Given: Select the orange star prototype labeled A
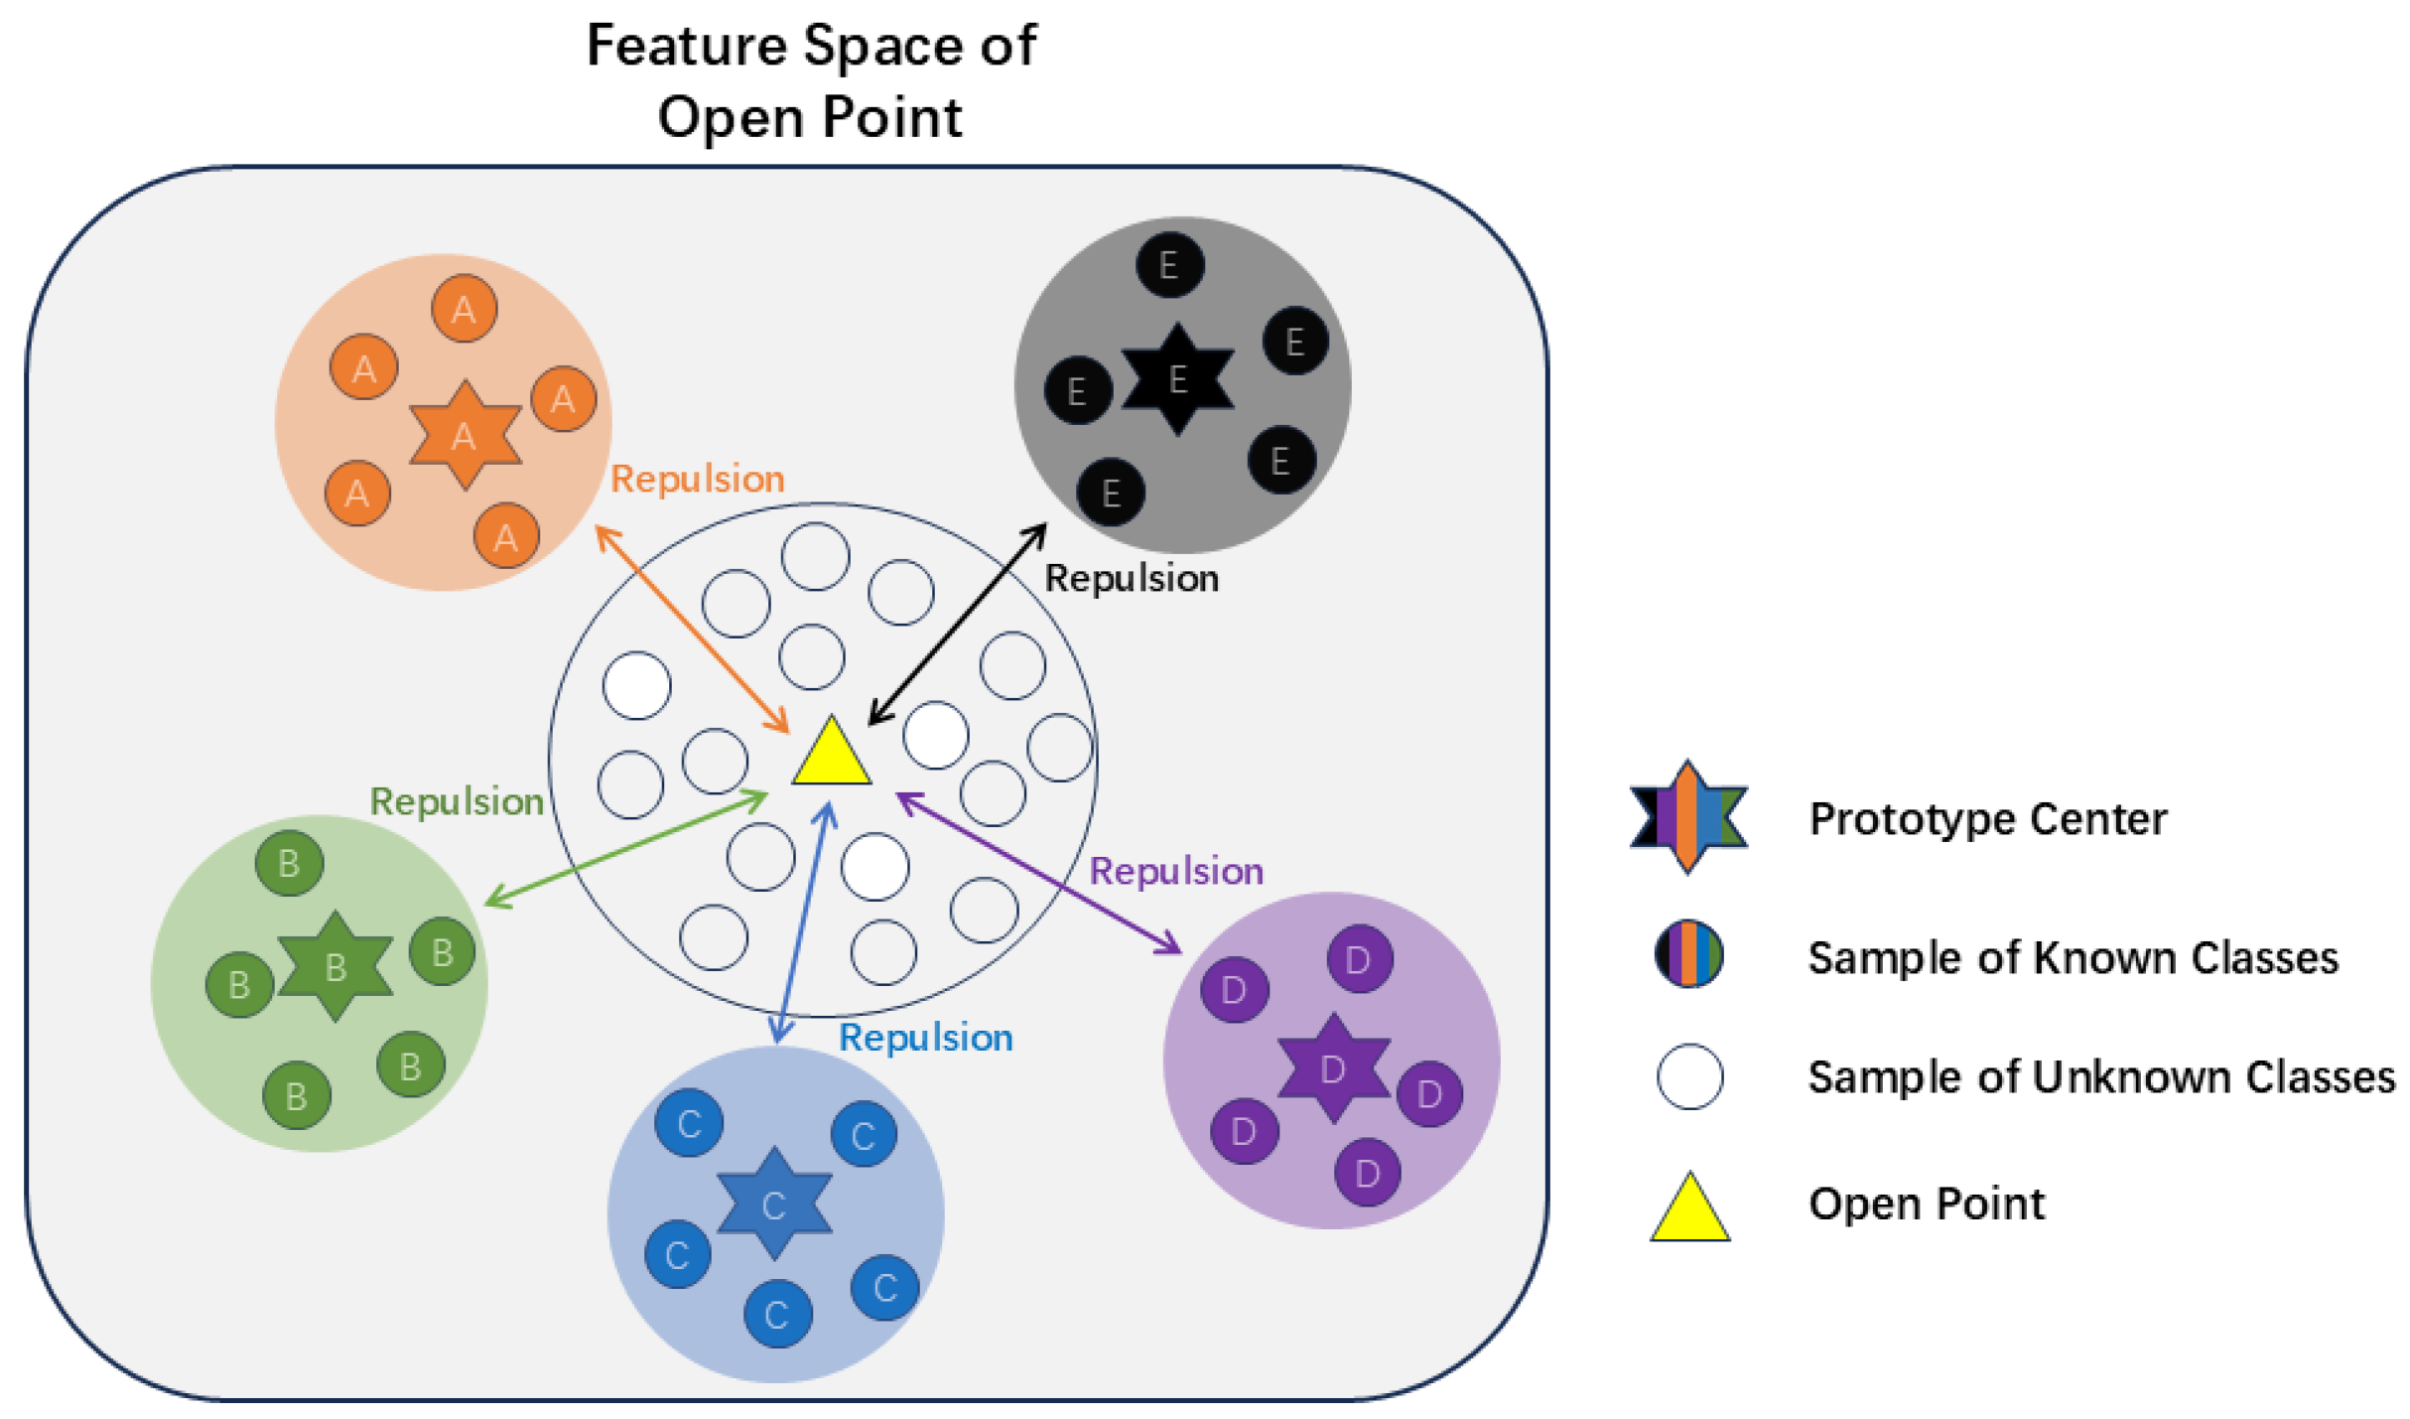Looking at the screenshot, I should pos(465,435).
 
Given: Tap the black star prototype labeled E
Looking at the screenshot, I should pos(1178,379).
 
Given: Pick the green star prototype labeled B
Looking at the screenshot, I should pos(335,965).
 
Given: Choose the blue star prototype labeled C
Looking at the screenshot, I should pos(774,1205).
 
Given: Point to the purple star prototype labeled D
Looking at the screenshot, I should pos(1333,1068).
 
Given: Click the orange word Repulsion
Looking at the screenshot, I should pos(697,479).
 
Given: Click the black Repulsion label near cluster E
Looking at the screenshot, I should pos(1132,578).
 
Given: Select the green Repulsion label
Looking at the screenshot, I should pos(457,801).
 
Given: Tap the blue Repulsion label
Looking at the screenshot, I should pos(925,1038).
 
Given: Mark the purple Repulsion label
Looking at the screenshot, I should pos(1176,871).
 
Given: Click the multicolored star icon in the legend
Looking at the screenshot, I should pos(1688,817).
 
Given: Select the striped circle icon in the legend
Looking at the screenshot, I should pos(1688,954).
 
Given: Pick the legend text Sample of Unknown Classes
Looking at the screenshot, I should pos(2100,1077).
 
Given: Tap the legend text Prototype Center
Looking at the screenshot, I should pos(1987,819).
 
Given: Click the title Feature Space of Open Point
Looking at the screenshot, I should pos(811,81).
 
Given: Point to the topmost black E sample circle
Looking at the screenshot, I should pos(1169,265).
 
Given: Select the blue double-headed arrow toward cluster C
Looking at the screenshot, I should pos(804,923).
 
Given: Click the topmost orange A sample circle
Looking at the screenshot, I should pos(465,309).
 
